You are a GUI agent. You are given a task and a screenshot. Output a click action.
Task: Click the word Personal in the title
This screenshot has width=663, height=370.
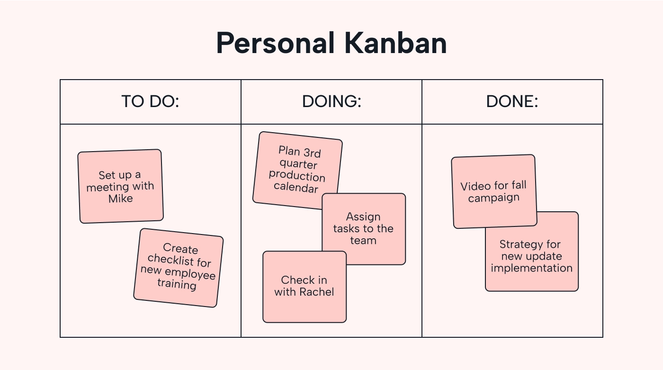[272, 44]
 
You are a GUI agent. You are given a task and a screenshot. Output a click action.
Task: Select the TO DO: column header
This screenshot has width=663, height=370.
[150, 102]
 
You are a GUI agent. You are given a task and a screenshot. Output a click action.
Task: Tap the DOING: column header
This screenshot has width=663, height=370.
[331, 102]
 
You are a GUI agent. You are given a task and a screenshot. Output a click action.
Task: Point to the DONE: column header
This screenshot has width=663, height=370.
[512, 102]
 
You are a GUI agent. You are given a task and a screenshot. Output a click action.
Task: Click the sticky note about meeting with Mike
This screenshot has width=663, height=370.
[120, 186]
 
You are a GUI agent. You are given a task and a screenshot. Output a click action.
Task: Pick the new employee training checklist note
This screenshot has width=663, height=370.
[178, 268]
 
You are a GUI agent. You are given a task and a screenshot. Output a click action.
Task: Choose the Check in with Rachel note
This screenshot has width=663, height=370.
[304, 287]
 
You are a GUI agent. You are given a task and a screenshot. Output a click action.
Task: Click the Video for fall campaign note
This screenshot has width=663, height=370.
[494, 191]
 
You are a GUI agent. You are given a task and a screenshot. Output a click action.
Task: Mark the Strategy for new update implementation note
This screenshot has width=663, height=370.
[531, 256]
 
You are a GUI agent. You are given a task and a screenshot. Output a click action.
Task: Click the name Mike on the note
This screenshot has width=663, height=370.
[120, 199]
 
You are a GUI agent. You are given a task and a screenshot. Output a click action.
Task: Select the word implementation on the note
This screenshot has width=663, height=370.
[531, 268]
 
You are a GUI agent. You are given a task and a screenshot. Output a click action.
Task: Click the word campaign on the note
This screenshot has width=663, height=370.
[494, 198]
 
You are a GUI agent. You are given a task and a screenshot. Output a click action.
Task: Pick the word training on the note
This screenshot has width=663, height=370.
[176, 284]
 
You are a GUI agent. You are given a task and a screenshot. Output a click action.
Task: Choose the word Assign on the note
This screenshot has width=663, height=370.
[363, 217]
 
